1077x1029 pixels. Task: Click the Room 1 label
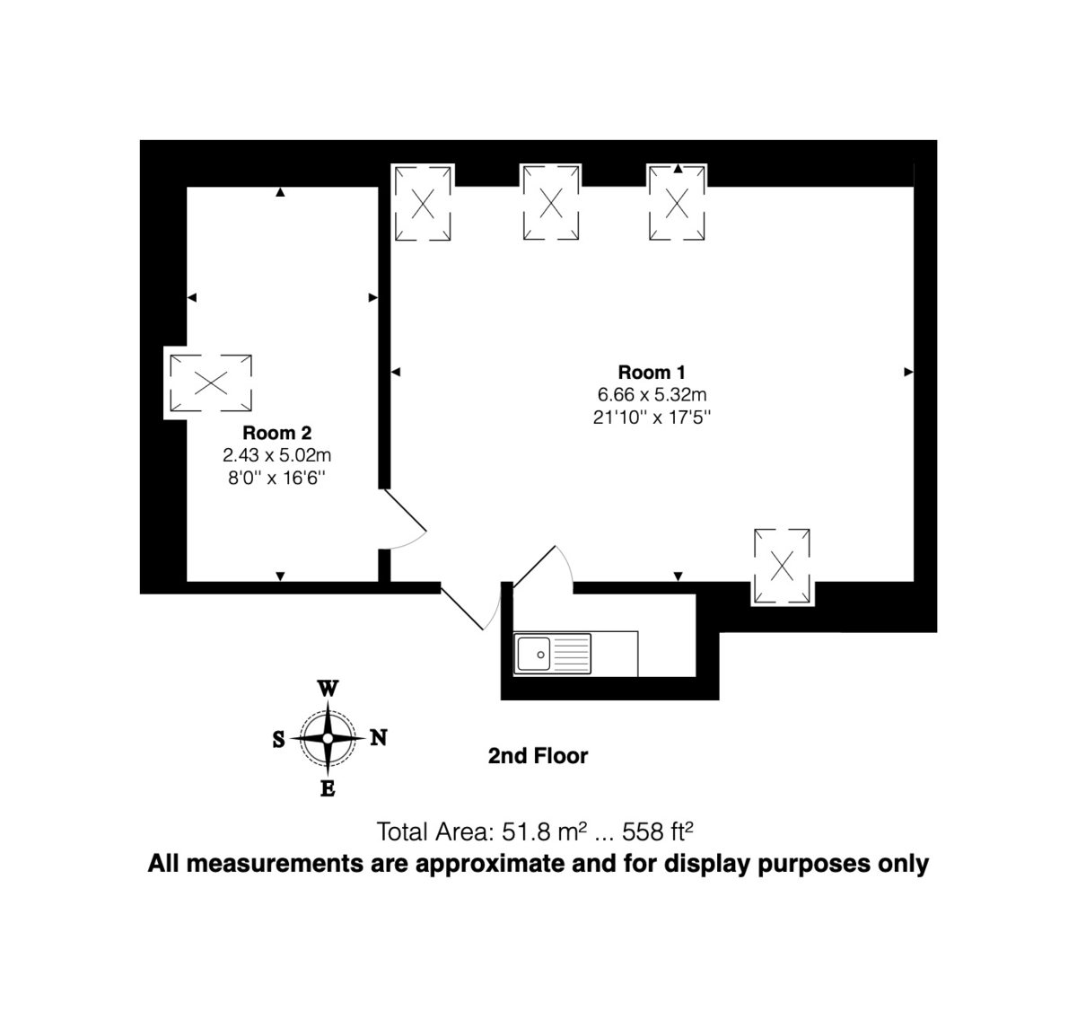click(652, 372)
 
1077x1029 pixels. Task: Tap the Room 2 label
click(276, 433)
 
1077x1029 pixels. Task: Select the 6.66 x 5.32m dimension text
click(652, 394)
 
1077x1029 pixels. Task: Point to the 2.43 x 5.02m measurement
click(276, 455)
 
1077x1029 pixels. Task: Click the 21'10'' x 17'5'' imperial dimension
click(652, 418)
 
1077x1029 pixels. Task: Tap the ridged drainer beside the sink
click(572, 654)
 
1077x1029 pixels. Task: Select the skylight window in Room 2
click(211, 383)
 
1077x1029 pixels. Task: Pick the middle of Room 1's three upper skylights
click(551, 204)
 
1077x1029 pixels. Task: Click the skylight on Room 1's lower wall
click(783, 567)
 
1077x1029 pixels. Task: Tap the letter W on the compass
click(328, 689)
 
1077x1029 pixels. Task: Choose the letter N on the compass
click(379, 737)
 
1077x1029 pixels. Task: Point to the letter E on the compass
click(328, 789)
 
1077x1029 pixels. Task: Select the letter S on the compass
click(278, 739)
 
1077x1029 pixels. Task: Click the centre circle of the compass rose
click(328, 738)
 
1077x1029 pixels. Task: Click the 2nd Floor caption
click(538, 756)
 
